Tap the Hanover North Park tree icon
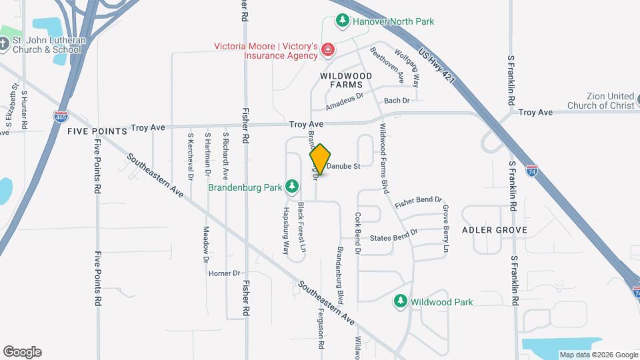point(343,21)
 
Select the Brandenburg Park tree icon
point(292,187)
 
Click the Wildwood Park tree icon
point(401,301)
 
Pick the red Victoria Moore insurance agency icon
point(327,49)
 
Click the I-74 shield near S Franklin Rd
point(531,171)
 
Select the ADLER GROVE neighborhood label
point(494,230)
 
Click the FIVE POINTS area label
point(97,131)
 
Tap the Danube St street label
point(343,166)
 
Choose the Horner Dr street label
point(224,273)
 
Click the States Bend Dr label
point(393,235)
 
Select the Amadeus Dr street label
point(344,101)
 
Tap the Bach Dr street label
point(396,101)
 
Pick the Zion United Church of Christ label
point(601,101)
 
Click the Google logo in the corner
point(22,352)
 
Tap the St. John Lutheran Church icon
point(4,45)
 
